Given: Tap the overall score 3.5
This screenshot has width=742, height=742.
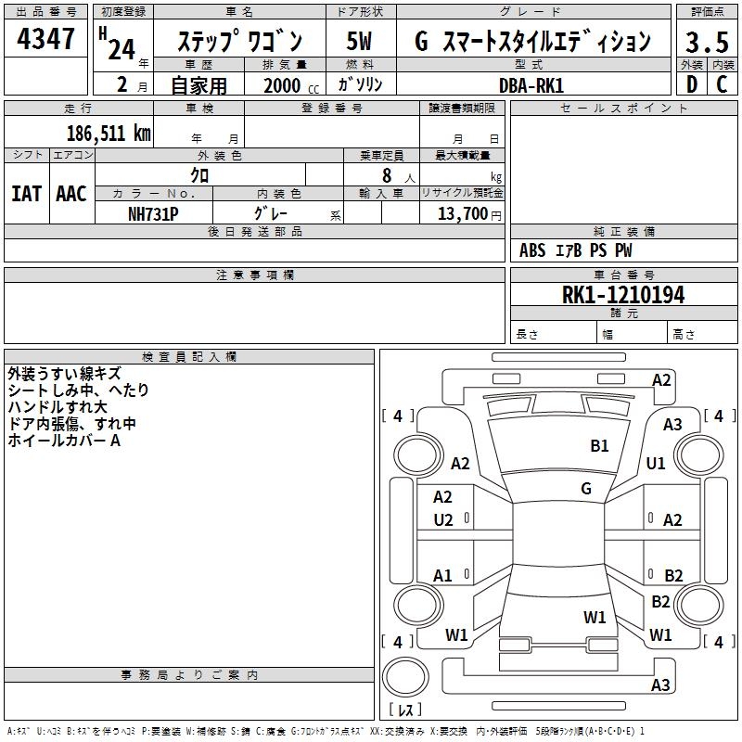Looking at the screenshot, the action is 706,43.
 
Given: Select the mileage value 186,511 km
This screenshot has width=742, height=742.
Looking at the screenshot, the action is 109,133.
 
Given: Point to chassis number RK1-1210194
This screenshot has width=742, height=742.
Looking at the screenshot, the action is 623,295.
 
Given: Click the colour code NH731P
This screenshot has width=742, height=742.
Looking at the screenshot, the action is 153,213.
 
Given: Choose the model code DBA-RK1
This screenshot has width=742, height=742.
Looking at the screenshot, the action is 531,84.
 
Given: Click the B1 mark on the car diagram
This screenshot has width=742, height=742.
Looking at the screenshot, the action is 600,446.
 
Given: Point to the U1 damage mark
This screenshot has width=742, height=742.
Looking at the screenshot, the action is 656,463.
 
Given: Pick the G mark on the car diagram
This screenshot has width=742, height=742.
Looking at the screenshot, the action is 586,489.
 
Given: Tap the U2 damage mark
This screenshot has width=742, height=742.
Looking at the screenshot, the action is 443,520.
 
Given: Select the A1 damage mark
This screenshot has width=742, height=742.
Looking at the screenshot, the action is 443,576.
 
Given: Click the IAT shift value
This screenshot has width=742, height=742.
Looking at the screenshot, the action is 26,194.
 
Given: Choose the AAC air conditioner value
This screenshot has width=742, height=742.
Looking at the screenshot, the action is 71,194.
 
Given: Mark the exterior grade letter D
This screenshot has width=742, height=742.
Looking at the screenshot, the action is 691,84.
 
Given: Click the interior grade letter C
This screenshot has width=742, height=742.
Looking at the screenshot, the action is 723,84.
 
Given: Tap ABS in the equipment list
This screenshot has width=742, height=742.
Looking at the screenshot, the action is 532,250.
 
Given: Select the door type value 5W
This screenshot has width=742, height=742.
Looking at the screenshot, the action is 361,42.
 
